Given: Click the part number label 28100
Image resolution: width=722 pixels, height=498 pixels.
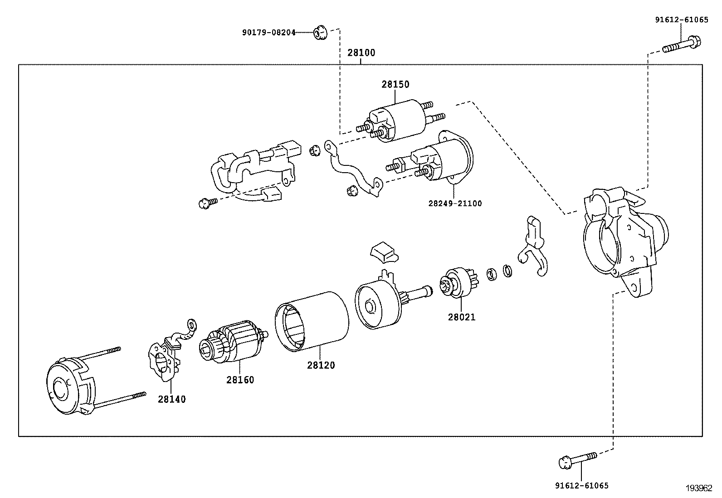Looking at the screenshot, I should click(361, 53).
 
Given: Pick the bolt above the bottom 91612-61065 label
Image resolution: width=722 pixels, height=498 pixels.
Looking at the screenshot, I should click(578, 460).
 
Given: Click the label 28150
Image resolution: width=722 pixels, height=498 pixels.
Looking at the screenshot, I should click(395, 84).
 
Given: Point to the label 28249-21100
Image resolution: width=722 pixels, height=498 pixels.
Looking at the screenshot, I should click(455, 203).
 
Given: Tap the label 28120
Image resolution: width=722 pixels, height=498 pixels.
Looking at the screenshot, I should click(321, 365).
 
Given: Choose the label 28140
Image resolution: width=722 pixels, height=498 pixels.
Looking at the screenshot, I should click(172, 399).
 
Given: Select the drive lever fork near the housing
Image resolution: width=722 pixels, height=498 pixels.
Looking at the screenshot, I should click(535, 247).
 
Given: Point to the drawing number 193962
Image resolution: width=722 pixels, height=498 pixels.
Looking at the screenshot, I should click(698, 488).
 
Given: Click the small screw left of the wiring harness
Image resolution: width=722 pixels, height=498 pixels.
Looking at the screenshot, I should click(204, 203).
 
